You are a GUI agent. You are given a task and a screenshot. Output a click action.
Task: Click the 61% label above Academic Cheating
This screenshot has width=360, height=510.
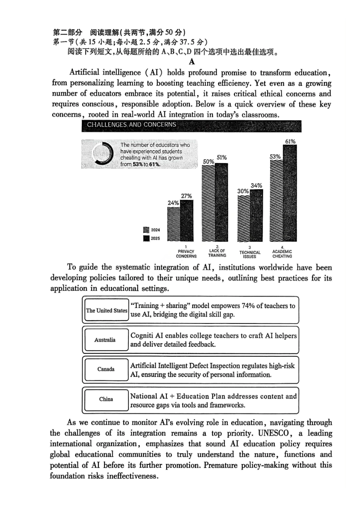[290, 141]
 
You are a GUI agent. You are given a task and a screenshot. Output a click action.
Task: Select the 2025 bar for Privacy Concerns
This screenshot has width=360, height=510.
[186, 221]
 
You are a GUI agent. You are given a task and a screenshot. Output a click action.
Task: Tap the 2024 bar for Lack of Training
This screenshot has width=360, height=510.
[208, 203]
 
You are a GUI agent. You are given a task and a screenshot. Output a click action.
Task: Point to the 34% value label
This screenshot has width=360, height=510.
[257, 185]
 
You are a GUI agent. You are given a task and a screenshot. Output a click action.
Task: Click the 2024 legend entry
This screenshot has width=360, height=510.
[152, 230]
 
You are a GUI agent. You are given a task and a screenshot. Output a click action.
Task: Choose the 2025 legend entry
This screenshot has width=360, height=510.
[152, 238]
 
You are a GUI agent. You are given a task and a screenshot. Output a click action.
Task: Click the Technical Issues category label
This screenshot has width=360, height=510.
[250, 253]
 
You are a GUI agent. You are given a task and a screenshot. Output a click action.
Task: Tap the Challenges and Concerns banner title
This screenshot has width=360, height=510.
[131, 125]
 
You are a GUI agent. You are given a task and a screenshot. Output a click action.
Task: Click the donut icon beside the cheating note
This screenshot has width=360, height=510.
[102, 154]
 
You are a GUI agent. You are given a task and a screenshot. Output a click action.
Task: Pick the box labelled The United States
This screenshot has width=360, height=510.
[106, 310]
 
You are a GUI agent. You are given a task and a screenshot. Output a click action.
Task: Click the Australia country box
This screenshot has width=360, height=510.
[105, 340]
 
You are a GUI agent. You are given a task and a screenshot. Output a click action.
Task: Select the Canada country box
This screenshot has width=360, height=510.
[106, 369]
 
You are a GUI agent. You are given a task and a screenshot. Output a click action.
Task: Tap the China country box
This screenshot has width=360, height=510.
[106, 399]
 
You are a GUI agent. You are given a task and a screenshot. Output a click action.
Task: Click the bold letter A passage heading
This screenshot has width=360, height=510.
[192, 62]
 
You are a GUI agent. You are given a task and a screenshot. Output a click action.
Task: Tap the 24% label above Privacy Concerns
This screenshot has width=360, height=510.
[173, 203]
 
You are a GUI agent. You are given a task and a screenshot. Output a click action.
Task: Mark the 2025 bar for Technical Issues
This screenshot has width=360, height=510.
[257, 215]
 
